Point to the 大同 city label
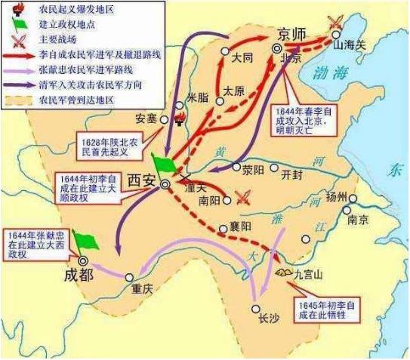pyautogui.click(x=242, y=57)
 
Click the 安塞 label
pyautogui.click(x=149, y=118)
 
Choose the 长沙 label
pyautogui.click(x=268, y=317)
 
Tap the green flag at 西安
pyautogui.click(x=162, y=164)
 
